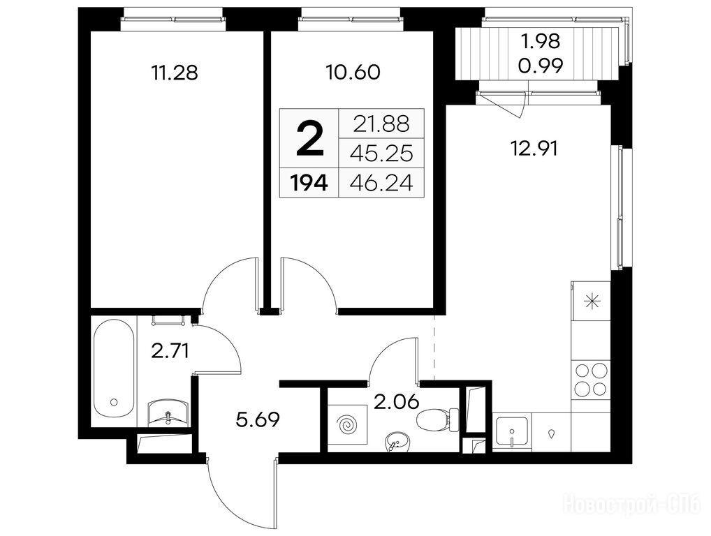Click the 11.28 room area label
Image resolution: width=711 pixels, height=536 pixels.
tap(175, 73)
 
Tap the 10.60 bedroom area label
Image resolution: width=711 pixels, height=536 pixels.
tap(353, 73)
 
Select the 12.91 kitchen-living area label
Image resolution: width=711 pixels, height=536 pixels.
tap(534, 148)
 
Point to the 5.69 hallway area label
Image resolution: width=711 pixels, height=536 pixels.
tap(258, 420)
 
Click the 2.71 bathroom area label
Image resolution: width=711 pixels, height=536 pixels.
tap(170, 351)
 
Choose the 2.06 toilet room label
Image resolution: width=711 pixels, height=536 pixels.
tap(396, 401)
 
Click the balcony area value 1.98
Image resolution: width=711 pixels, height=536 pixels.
tap(541, 42)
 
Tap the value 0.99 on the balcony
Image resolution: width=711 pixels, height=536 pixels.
tap(541, 66)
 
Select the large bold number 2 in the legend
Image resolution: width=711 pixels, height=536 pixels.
tap(309, 140)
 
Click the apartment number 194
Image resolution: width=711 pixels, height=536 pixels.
tap(309, 184)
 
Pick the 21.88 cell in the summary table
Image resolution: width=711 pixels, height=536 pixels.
tap(381, 124)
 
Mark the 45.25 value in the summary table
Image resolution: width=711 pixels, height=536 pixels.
tap(381, 154)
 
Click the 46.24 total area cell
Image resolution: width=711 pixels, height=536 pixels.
tap(381, 184)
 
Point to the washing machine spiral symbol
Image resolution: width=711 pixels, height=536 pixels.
tap(348, 425)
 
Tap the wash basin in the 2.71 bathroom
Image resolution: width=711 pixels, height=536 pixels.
tap(169, 412)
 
